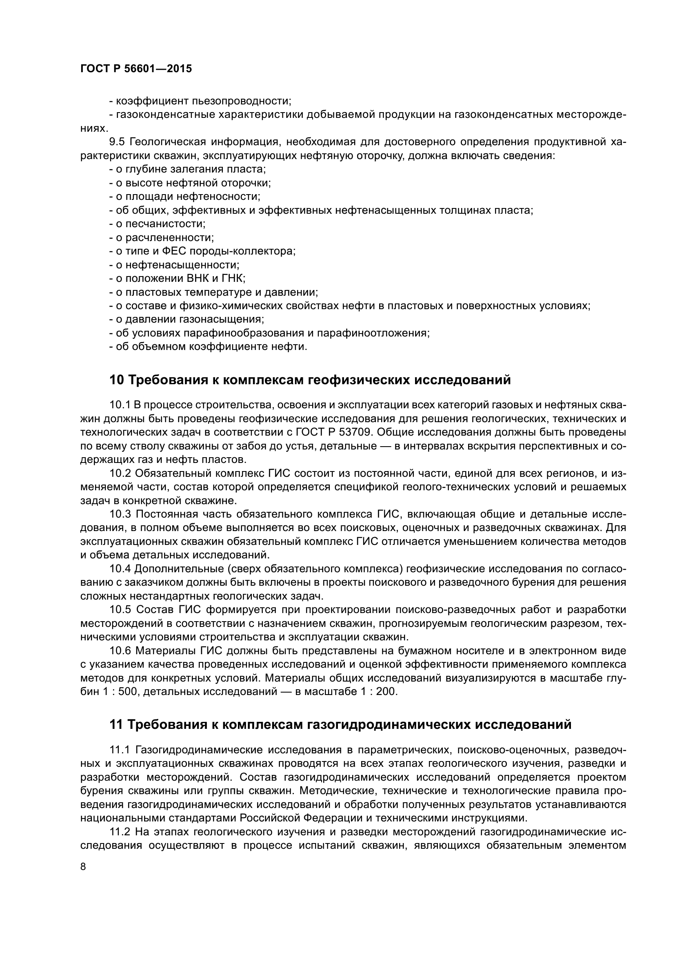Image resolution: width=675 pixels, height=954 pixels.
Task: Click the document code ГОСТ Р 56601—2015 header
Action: (136, 69)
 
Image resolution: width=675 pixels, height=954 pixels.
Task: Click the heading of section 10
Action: (310, 380)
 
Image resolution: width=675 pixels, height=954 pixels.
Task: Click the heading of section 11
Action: (340, 725)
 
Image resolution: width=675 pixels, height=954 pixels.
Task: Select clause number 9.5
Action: (117, 142)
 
